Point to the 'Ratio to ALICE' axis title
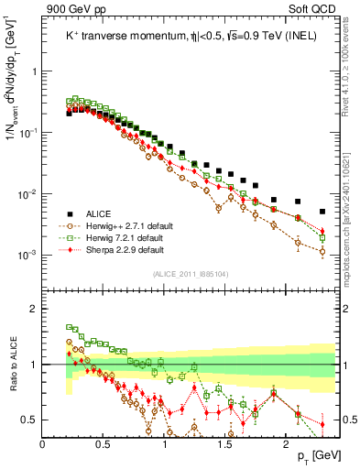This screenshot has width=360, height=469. click(13, 365)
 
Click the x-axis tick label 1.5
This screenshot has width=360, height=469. click(224, 445)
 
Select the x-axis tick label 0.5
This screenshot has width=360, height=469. click(104, 445)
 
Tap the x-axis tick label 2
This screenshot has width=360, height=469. click(286, 445)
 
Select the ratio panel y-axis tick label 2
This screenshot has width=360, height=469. click(32, 309)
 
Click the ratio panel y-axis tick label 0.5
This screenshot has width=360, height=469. click(28, 420)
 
